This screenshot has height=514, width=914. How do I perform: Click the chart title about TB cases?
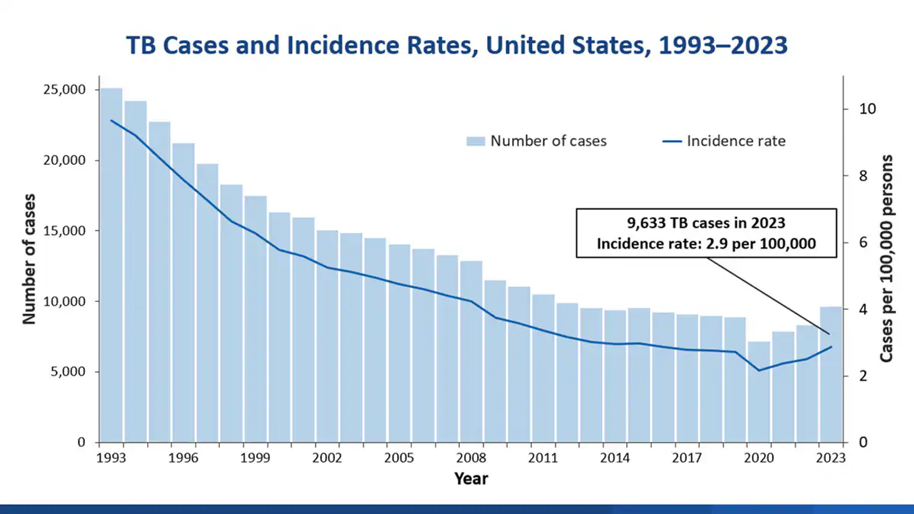(x=457, y=46)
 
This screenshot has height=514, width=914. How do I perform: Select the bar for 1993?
(x=111, y=264)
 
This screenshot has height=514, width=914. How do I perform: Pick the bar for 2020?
(x=759, y=392)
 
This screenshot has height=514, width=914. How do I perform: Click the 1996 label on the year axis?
(x=182, y=458)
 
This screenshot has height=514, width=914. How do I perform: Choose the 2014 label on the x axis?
(x=615, y=458)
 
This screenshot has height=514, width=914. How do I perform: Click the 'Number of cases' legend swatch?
(x=476, y=141)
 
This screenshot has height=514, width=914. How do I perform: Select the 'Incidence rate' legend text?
(x=735, y=141)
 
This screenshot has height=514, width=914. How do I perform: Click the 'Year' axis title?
(x=471, y=478)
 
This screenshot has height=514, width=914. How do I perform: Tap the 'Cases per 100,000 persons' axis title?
(x=887, y=258)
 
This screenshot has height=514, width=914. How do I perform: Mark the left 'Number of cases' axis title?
(x=29, y=258)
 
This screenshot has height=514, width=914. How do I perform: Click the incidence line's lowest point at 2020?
(x=759, y=370)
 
